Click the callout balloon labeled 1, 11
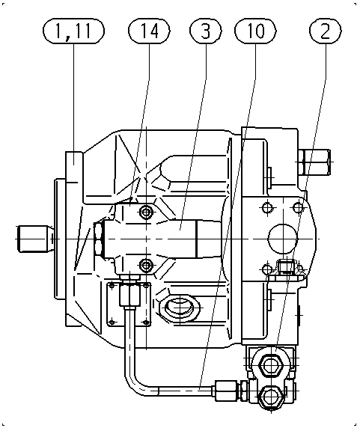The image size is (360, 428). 73,31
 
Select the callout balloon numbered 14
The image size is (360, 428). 149,31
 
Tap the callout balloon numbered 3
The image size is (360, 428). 206,31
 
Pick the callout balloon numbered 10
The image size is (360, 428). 255,31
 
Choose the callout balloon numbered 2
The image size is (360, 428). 325,31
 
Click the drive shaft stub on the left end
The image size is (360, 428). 34,239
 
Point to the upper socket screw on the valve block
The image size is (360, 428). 146,212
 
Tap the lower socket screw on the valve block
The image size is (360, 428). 146,264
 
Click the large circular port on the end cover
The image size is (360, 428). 284,238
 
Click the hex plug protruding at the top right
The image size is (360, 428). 314,162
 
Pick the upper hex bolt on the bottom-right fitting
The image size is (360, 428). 271,364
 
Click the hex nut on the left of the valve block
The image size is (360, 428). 99,239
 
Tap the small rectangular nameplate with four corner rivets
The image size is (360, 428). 129,304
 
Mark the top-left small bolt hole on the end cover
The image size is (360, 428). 267,208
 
